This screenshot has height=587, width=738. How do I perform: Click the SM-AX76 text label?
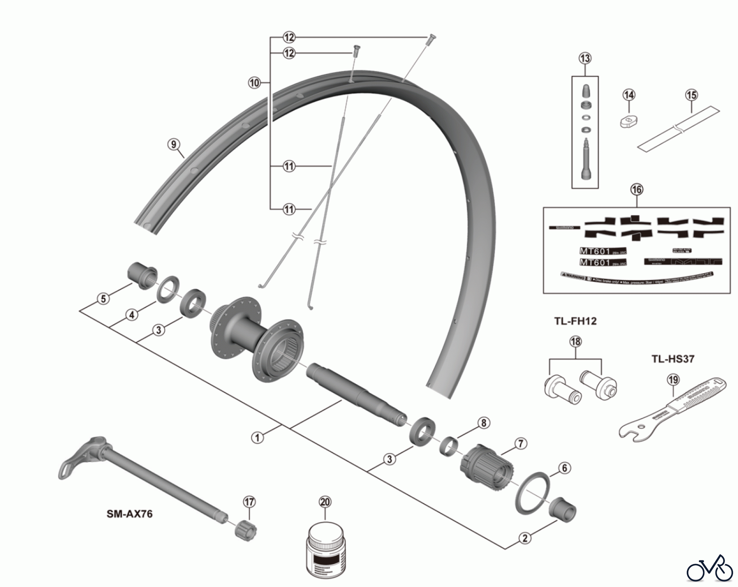pos(130,514)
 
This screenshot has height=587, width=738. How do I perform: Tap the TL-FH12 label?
pos(575,321)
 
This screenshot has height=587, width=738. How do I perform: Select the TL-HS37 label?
pos(673,359)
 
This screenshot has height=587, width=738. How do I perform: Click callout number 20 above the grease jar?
pos(325,502)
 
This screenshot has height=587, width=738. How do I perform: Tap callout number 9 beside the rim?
pos(173,144)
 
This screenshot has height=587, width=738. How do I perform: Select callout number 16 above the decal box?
pos(637,190)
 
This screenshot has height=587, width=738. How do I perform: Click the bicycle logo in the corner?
pos(710,568)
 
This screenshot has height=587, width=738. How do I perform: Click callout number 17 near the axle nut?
pos(249,502)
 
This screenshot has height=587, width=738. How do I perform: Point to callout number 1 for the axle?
pos(257,437)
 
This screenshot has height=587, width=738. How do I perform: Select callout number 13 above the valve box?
pos(585,58)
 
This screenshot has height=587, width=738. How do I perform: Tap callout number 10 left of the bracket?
pos(254,83)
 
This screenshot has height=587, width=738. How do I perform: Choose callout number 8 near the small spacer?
pos(484,423)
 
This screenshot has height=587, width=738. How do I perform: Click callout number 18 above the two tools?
pos(576,342)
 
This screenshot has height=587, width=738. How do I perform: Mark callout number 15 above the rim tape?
pos(691,95)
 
